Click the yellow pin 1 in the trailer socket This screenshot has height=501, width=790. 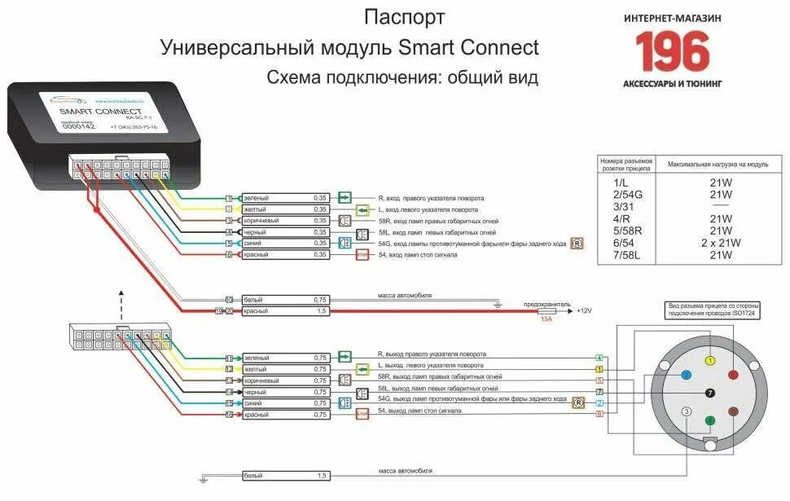pyautogui.click(x=710, y=360)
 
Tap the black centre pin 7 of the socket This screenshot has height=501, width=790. pyautogui.click(x=709, y=392)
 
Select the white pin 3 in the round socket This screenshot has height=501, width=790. pyautogui.click(x=687, y=411)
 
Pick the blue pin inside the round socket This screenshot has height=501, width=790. pyautogui.click(x=687, y=374)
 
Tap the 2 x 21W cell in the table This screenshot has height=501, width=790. pyautogui.click(x=720, y=243)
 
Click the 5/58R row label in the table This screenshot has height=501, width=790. pyautogui.click(x=627, y=231)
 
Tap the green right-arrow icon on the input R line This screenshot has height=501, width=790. pyautogui.click(x=345, y=197)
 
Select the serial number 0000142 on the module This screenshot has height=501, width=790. pyautogui.click(x=79, y=126)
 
